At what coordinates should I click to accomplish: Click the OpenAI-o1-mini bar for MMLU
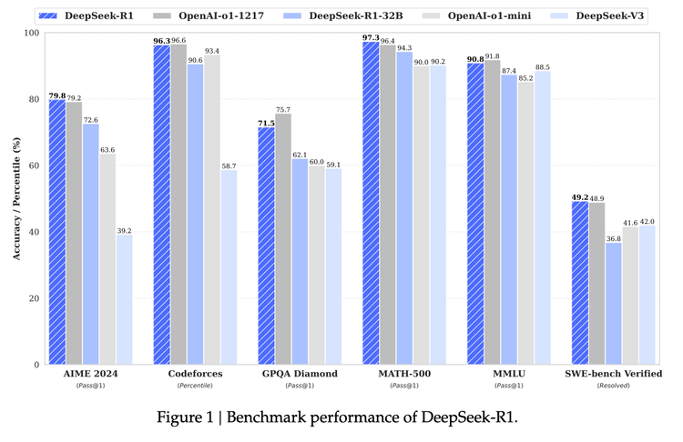click(526, 223)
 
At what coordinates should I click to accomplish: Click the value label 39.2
click(125, 230)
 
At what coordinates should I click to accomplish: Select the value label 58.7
click(229, 166)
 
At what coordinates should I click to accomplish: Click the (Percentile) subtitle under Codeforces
click(195, 386)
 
